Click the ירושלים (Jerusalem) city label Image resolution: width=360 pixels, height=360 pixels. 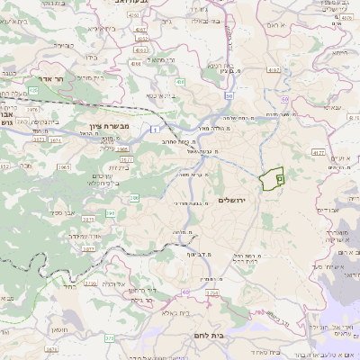pos(238,200)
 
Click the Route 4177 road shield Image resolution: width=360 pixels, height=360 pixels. pos(318,154)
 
